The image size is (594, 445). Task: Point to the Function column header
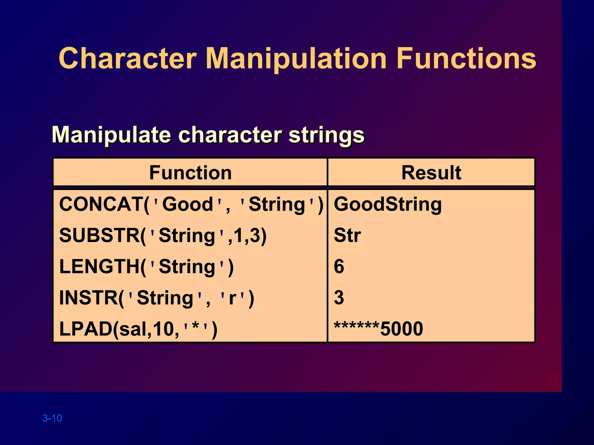pyautogui.click(x=190, y=173)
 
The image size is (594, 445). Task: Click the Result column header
pyautogui.click(x=431, y=173)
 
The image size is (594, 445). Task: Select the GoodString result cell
pyautogui.click(x=387, y=204)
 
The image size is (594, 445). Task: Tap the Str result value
pyautogui.click(x=347, y=235)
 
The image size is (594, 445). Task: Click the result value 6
pyautogui.click(x=339, y=267)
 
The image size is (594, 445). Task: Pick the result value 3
pyautogui.click(x=339, y=298)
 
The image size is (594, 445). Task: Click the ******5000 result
pyautogui.click(x=378, y=329)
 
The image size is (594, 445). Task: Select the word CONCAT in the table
pyautogui.click(x=101, y=204)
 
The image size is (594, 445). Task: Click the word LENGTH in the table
pyautogui.click(x=99, y=267)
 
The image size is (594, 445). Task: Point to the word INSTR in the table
pyautogui.click(x=88, y=298)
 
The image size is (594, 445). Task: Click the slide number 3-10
pyautogui.click(x=52, y=418)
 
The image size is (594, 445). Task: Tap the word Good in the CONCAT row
pyautogui.click(x=188, y=204)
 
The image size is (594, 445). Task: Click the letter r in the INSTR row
pyautogui.click(x=232, y=298)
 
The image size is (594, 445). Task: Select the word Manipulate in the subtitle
pyautogui.click(x=111, y=135)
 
